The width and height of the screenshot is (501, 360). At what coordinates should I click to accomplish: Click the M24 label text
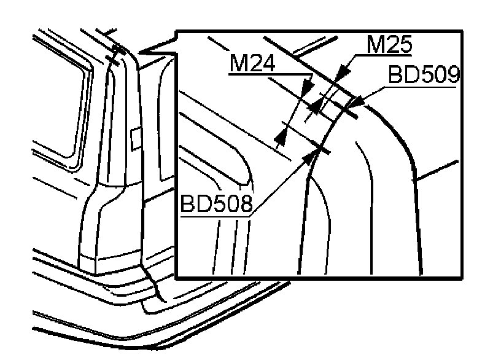pos(252,63)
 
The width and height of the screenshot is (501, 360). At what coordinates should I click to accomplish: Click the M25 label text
pos(389,44)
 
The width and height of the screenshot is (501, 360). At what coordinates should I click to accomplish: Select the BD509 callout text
pos(424,74)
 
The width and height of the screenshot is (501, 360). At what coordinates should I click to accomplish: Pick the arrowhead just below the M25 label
pos(343,71)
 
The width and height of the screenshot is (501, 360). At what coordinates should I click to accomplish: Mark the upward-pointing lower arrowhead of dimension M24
pos(281,138)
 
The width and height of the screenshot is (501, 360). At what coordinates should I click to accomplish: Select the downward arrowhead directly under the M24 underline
pos(308,85)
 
